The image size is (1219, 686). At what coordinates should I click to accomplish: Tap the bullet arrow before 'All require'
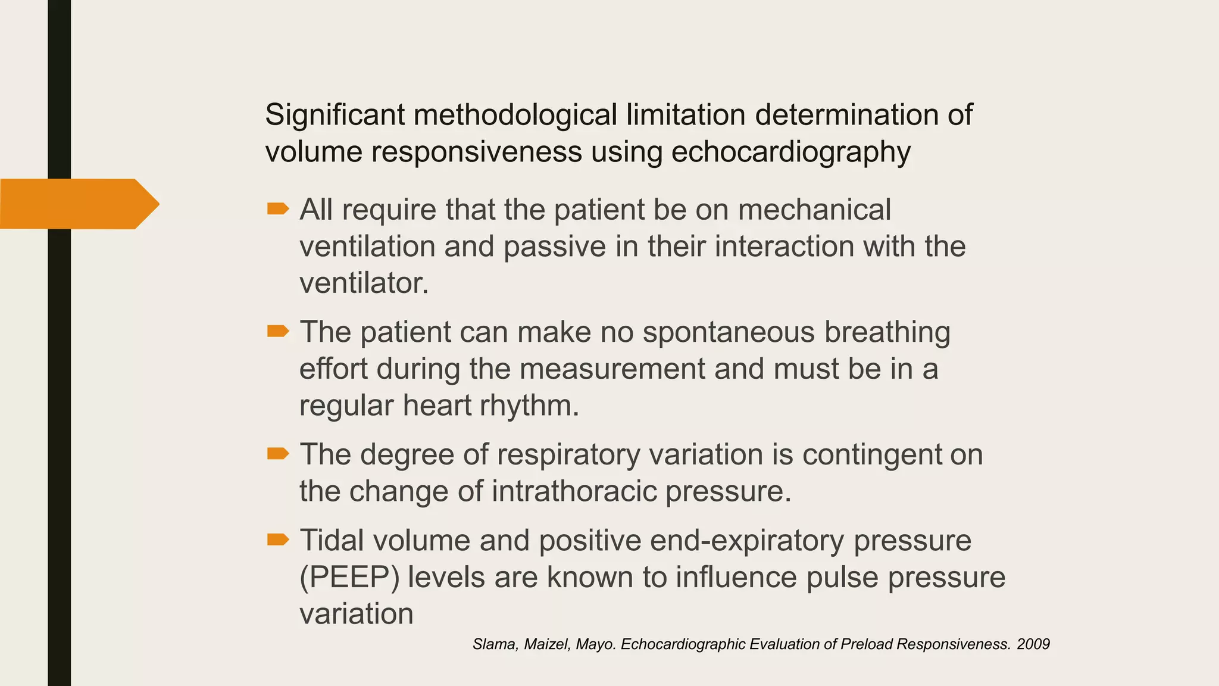pyautogui.click(x=278, y=208)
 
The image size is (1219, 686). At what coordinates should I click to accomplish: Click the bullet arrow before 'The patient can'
pyautogui.click(x=278, y=331)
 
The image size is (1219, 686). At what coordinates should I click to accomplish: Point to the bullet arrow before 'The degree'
pyautogui.click(x=278, y=454)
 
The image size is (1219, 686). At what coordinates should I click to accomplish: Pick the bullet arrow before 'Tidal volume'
pyautogui.click(x=278, y=540)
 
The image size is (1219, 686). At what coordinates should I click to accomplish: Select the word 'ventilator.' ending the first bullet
pyautogui.click(x=364, y=283)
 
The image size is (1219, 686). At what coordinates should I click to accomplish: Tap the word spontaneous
pyautogui.click(x=729, y=332)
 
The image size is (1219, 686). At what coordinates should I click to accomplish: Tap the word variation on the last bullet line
pyautogui.click(x=356, y=615)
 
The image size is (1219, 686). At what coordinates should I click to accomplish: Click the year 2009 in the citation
pyautogui.click(x=1033, y=644)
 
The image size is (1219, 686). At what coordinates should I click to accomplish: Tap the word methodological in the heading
pyautogui.click(x=515, y=115)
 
